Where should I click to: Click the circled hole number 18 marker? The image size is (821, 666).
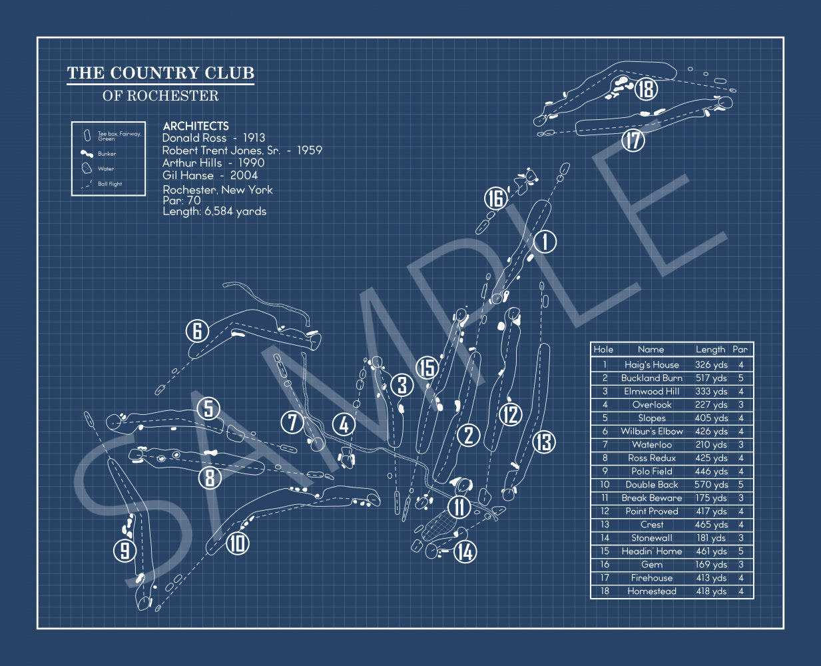(646, 89)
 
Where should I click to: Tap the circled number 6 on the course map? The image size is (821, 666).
(197, 330)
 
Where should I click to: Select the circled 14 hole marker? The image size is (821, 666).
(465, 551)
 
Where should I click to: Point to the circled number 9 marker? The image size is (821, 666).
(125, 550)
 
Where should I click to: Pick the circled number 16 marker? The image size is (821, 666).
(495, 198)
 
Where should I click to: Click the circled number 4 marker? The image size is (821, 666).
(344, 424)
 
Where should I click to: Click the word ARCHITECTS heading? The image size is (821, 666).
(196, 126)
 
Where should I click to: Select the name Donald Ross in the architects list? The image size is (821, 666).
(190, 138)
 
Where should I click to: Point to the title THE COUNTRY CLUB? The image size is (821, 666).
(160, 73)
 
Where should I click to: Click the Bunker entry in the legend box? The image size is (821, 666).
(107, 154)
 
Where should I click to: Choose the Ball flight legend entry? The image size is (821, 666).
(110, 184)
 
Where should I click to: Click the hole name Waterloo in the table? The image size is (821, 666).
(651, 445)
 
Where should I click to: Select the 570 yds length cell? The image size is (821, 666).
(711, 485)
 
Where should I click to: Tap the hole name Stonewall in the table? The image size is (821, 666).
(651, 538)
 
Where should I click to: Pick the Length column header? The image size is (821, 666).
(710, 349)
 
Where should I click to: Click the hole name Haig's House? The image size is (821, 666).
(651, 365)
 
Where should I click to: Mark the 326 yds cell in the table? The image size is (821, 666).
(711, 365)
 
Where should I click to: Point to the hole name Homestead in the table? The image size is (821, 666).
(651, 591)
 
